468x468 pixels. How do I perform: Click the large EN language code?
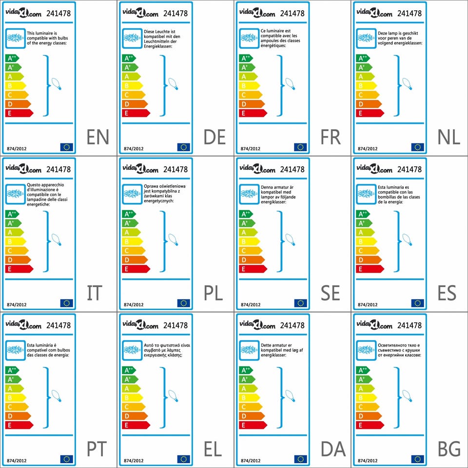(x=97, y=137)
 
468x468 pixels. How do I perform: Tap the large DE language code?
(x=214, y=137)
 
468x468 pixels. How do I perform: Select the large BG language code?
(x=449, y=449)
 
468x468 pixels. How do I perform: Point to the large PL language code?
(x=213, y=293)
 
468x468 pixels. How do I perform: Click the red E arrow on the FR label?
(x=253, y=113)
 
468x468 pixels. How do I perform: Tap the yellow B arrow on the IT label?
(x=15, y=241)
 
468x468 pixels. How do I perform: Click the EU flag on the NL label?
(x=417, y=147)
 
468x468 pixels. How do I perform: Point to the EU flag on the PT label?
(x=66, y=459)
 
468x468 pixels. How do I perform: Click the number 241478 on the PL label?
(x=175, y=170)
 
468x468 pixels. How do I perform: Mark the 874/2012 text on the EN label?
(x=17, y=148)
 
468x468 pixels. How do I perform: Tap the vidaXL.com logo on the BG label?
(x=374, y=325)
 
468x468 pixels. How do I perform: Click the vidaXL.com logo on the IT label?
(x=23, y=169)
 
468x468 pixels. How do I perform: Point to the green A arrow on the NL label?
(x=365, y=77)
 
